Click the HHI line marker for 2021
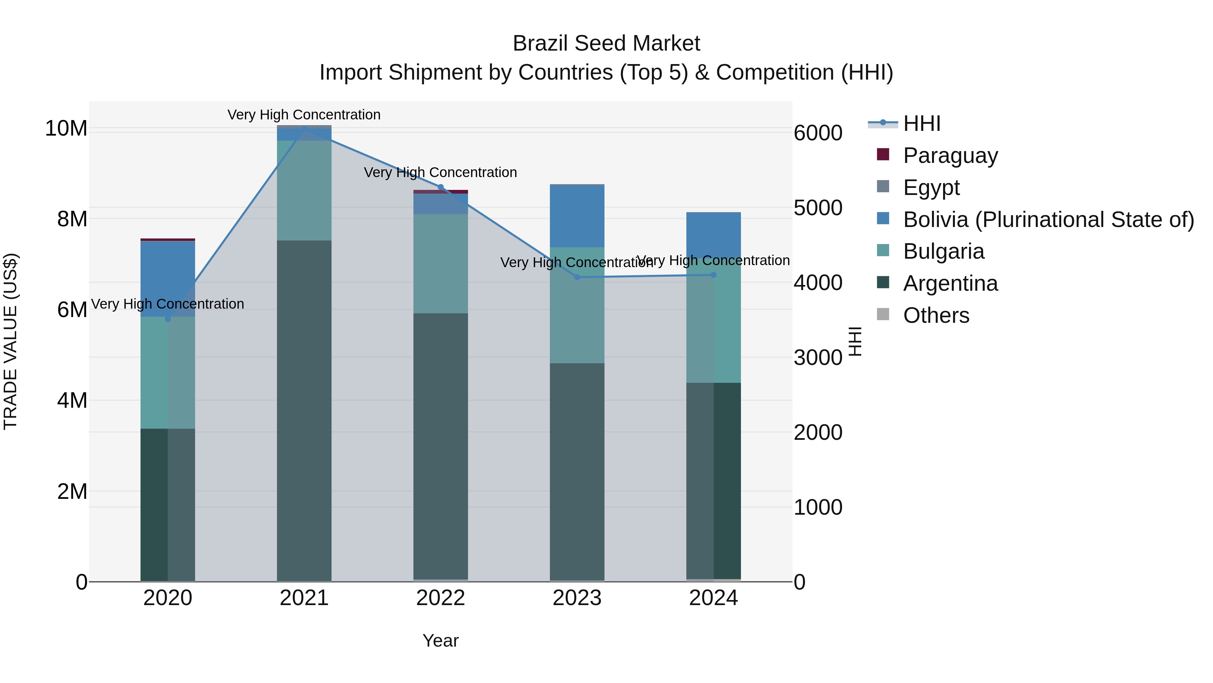pos(304,128)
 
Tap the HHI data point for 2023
pos(577,277)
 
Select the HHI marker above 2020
pos(168,319)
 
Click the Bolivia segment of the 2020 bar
pos(168,279)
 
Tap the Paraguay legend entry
pos(950,155)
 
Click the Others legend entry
pos(936,315)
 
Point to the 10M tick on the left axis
pos(66,128)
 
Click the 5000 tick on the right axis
pos(817,207)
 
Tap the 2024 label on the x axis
pos(713,598)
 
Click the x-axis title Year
pos(440,641)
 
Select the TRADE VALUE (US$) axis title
pos(10,341)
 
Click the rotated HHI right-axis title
pos(854,341)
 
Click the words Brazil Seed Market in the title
pos(606,44)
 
